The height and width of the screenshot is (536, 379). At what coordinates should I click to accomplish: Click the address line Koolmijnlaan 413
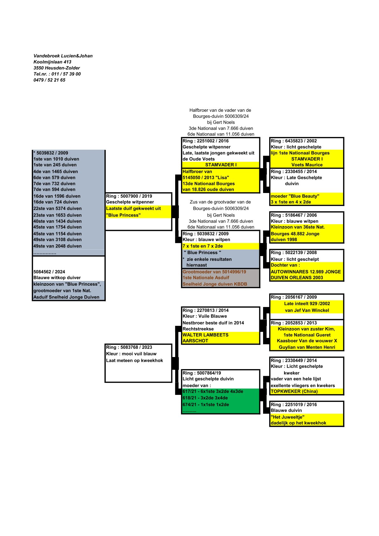(52, 62)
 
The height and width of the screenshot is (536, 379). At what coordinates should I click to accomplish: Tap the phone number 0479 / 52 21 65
(49, 80)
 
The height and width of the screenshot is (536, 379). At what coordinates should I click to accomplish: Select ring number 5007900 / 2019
(129, 196)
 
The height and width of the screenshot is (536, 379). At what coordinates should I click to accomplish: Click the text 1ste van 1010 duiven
(56, 159)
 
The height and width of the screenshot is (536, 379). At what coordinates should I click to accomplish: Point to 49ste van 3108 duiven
(57, 239)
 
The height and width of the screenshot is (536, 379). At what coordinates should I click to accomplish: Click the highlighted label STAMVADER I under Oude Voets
(221, 165)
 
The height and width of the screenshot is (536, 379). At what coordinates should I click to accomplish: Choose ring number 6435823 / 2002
(294, 141)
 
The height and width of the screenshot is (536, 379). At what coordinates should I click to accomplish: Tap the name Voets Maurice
(307, 165)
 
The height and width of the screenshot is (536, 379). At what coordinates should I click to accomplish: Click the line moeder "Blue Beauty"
(295, 196)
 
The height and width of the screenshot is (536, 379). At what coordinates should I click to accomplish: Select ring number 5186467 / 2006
(294, 215)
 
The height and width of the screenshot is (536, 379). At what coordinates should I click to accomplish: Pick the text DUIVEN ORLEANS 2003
(297, 277)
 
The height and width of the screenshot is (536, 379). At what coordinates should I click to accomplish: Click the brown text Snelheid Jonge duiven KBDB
(215, 284)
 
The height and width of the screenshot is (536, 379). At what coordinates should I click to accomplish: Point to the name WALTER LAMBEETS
(205, 335)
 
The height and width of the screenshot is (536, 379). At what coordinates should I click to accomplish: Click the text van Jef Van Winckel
(307, 310)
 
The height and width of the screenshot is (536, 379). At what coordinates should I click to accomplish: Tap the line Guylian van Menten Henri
(307, 347)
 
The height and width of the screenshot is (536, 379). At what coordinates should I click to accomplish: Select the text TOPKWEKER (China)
(294, 391)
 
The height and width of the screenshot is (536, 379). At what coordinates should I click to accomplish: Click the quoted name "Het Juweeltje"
(288, 417)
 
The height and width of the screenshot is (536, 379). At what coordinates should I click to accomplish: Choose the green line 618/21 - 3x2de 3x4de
(205, 398)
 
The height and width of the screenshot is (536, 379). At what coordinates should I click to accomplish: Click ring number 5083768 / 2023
(129, 347)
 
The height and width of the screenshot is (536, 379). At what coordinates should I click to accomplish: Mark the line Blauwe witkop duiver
(57, 278)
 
